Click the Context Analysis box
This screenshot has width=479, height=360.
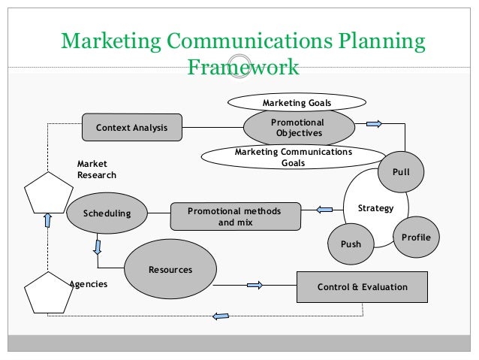tap(131, 128)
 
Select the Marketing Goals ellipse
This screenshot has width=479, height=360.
tap(297, 102)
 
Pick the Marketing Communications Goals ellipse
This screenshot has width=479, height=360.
tap(294, 157)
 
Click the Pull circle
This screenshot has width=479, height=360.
tap(401, 172)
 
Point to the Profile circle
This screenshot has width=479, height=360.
tap(416, 237)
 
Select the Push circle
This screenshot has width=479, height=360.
tap(351, 244)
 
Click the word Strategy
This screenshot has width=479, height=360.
tap(375, 208)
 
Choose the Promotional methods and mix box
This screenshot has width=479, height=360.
tap(235, 217)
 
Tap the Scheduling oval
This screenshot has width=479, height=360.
tap(107, 213)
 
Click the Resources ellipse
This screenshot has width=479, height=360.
tap(170, 270)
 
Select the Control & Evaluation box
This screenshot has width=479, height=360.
tap(363, 287)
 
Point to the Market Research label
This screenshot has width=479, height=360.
tap(96, 170)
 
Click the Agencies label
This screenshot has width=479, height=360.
tap(89, 285)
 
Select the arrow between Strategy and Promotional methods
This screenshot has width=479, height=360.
tap(324, 209)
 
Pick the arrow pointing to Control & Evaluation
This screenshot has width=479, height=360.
tap(255, 285)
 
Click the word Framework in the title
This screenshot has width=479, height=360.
tap(242, 68)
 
